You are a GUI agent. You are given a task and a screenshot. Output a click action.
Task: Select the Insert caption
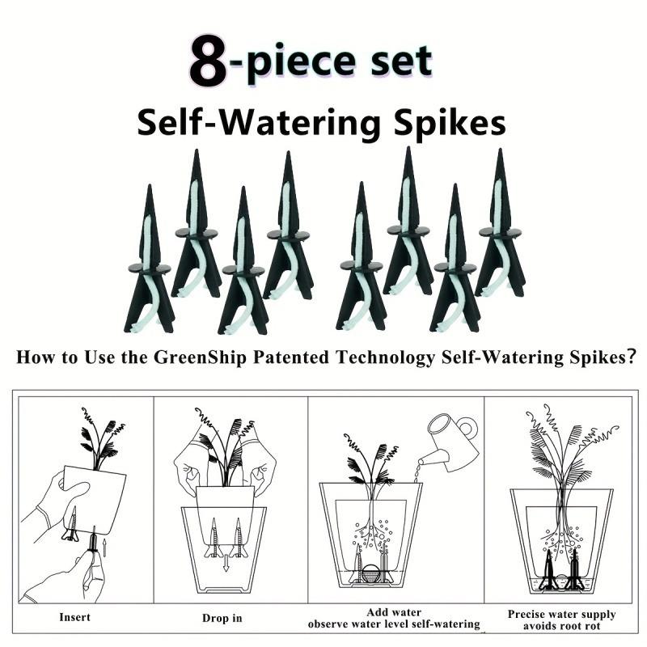click(75, 617)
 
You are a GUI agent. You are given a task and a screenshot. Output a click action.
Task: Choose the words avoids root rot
click(561, 626)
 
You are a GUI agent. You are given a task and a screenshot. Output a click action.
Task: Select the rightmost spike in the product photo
click(501, 226)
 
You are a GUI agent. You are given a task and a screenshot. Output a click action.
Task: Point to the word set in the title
click(396, 62)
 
